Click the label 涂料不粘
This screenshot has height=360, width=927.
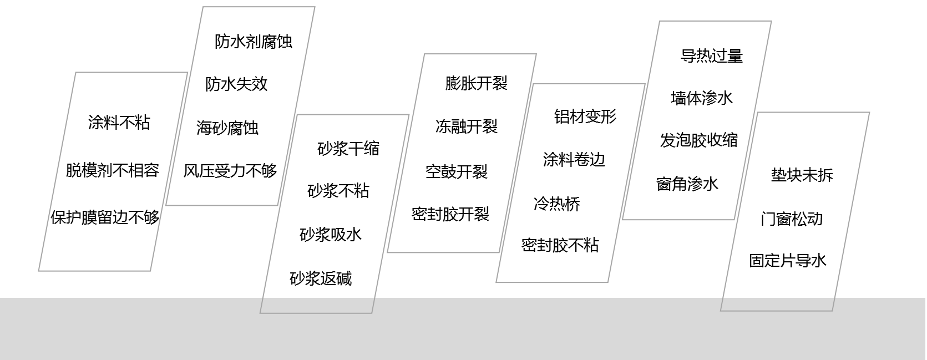pyautogui.click(x=119, y=123)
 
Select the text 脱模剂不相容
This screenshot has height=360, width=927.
pyautogui.click(x=113, y=170)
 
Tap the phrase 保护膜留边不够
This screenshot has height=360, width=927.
pyautogui.click(x=105, y=217)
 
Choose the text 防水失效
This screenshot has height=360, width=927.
pyautogui.click(x=236, y=84)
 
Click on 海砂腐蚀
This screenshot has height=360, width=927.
pyautogui.click(x=227, y=128)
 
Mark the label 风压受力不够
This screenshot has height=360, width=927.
pyautogui.click(x=230, y=171)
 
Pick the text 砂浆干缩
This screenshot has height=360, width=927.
pyautogui.click(x=348, y=149)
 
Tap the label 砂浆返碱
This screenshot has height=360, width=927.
pyautogui.click(x=321, y=278)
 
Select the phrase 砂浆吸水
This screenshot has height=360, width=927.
pyautogui.click(x=331, y=235)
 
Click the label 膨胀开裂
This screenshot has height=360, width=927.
pyautogui.click(x=477, y=84)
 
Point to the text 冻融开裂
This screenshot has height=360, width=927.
pyautogui.click(x=467, y=127)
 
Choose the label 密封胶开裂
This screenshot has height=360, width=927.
pyautogui.click(x=450, y=214)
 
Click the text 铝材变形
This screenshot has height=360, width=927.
pyautogui.click(x=585, y=116)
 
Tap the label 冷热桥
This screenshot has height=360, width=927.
pyautogui.click(x=557, y=204)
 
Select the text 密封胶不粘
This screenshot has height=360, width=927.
pyautogui.click(x=560, y=245)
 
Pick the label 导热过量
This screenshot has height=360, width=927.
pyautogui.click(x=712, y=56)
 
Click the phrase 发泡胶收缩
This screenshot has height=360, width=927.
pyautogui.click(x=699, y=140)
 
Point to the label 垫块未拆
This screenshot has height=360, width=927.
pyautogui.click(x=802, y=175)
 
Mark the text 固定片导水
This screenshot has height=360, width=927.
pyautogui.click(x=788, y=261)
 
